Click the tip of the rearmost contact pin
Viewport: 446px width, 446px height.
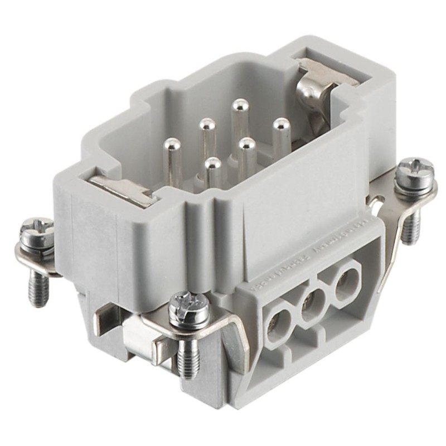tap(241, 105)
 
